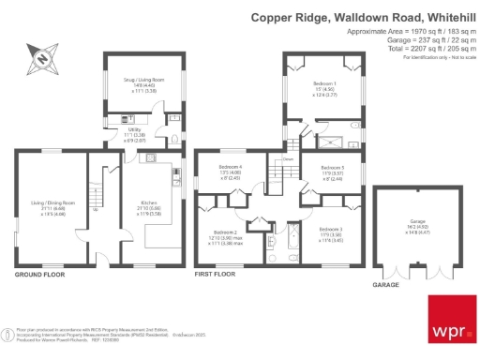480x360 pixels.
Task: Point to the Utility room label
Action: pos(127,133)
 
